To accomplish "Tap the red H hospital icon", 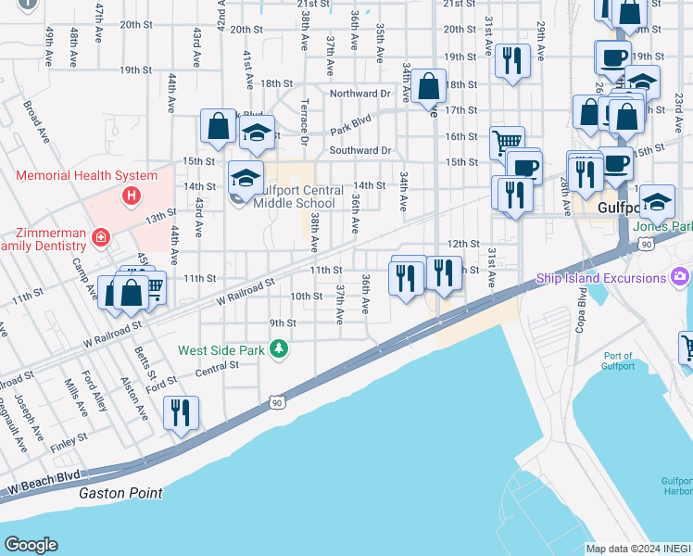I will tap(132, 196).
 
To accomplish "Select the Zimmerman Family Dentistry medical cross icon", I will tap(100, 238).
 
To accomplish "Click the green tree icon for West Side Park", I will tap(278, 349).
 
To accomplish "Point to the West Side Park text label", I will tap(222, 350).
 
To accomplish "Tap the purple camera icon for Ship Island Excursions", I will tap(681, 277).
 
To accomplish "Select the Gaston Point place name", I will tap(120, 494).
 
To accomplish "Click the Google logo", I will tap(31, 545).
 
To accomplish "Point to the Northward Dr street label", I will tap(360, 94).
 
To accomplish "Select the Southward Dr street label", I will tap(360, 150).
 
